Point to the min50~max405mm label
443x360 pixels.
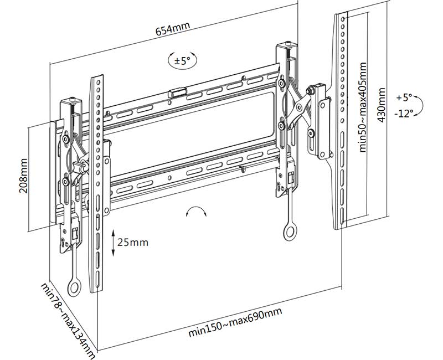tap(363, 106)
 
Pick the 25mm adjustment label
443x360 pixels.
tap(133, 242)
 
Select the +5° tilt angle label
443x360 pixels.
tap(405, 97)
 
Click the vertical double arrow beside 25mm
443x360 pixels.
tap(113, 243)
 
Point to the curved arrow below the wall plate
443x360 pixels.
tap(196, 213)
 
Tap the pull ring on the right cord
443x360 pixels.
tap(290, 233)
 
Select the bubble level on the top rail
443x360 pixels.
tap(177, 92)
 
